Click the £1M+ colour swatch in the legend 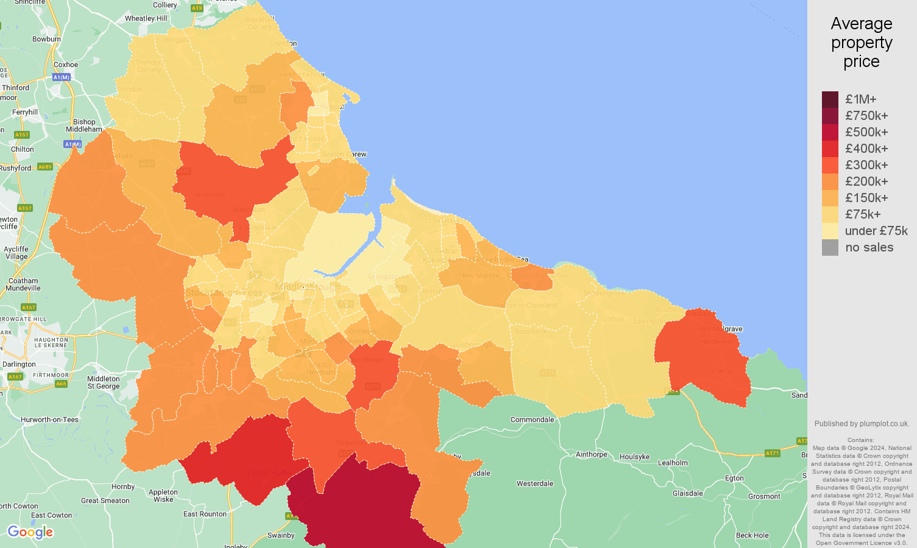(830, 99)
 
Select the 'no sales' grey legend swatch (830, 247)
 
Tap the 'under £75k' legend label (876, 231)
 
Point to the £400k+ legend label (866, 149)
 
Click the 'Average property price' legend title (862, 43)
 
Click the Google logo (30, 532)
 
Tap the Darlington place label (19, 364)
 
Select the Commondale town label (532, 420)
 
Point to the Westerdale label (535, 483)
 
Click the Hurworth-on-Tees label (49, 420)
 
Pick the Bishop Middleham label (84, 125)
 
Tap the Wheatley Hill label (146, 18)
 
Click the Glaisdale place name (687, 493)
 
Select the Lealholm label (673, 463)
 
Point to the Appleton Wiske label (163, 496)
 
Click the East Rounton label (205, 514)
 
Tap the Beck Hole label (752, 535)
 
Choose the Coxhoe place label (66, 65)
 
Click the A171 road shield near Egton (772, 453)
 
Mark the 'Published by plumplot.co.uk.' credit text (862, 424)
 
